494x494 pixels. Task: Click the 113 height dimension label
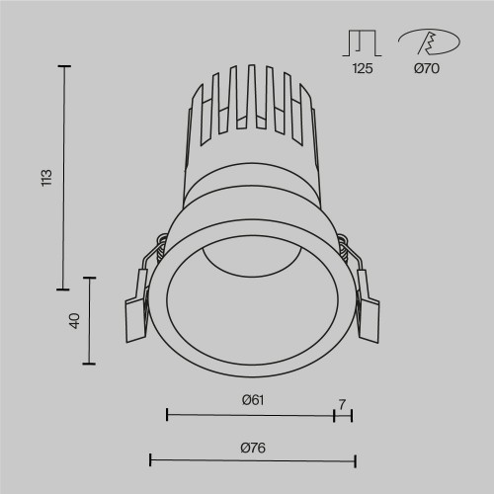(x=45, y=179)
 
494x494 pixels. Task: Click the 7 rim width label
(x=343, y=403)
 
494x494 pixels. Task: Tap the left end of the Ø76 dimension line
(x=149, y=460)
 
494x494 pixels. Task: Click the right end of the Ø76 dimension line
(x=355, y=460)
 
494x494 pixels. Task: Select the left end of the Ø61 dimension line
(x=166, y=415)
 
